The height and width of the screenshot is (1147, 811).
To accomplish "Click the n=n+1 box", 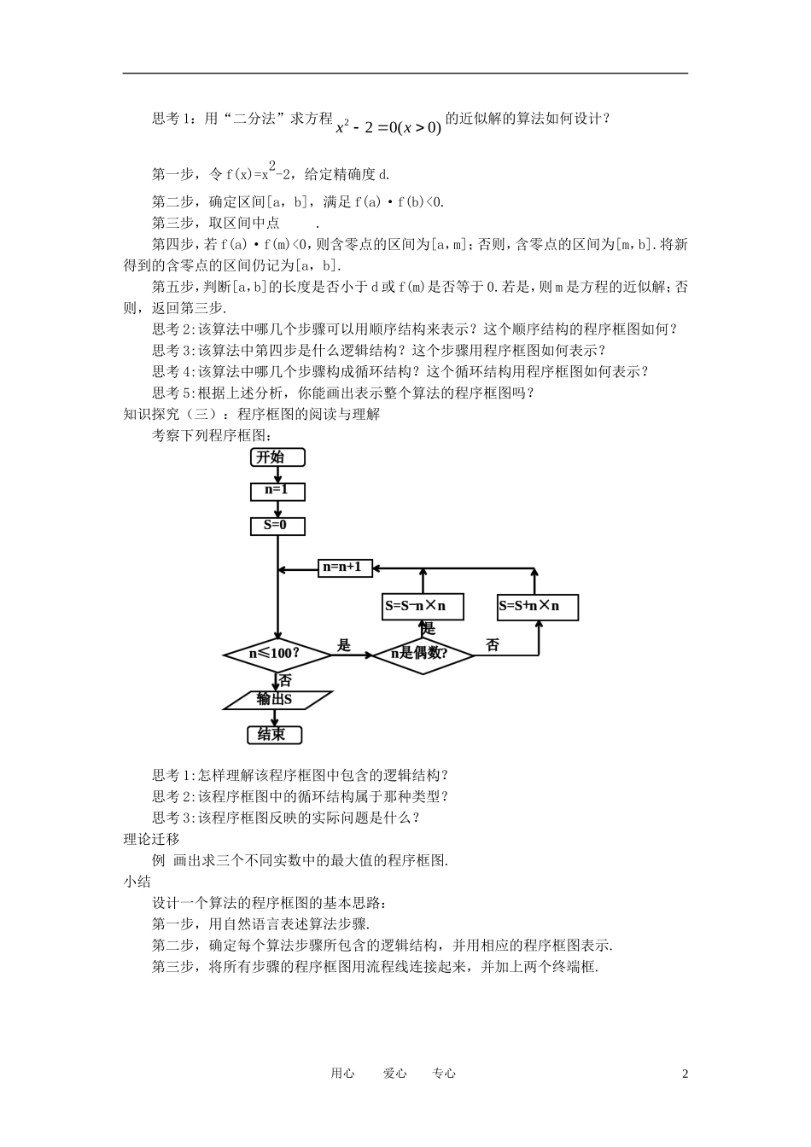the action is [345, 568].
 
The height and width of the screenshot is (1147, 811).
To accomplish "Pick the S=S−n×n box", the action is [423, 606].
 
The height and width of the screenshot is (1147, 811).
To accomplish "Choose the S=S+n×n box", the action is [538, 606].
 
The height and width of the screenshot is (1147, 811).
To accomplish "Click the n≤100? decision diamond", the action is [277, 655].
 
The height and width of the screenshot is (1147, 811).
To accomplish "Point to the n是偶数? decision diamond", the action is [423, 655].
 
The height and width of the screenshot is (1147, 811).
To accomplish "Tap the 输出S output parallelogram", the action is [277, 699].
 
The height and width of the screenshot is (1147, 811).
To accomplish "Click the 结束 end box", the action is [274, 735].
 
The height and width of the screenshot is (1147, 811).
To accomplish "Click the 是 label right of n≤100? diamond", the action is [344, 645].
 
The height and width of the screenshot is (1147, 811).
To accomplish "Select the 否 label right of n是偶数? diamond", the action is [493, 645].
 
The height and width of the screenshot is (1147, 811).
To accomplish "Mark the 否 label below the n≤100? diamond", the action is [285, 681].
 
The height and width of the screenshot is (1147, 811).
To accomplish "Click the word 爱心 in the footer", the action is [394, 1074].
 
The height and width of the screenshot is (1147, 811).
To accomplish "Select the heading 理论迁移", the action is [152, 839].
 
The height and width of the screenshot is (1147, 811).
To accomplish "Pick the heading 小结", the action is [137, 882].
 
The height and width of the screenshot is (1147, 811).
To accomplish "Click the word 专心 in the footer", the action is [444, 1074].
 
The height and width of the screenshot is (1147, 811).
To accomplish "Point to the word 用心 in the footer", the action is [342, 1074].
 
